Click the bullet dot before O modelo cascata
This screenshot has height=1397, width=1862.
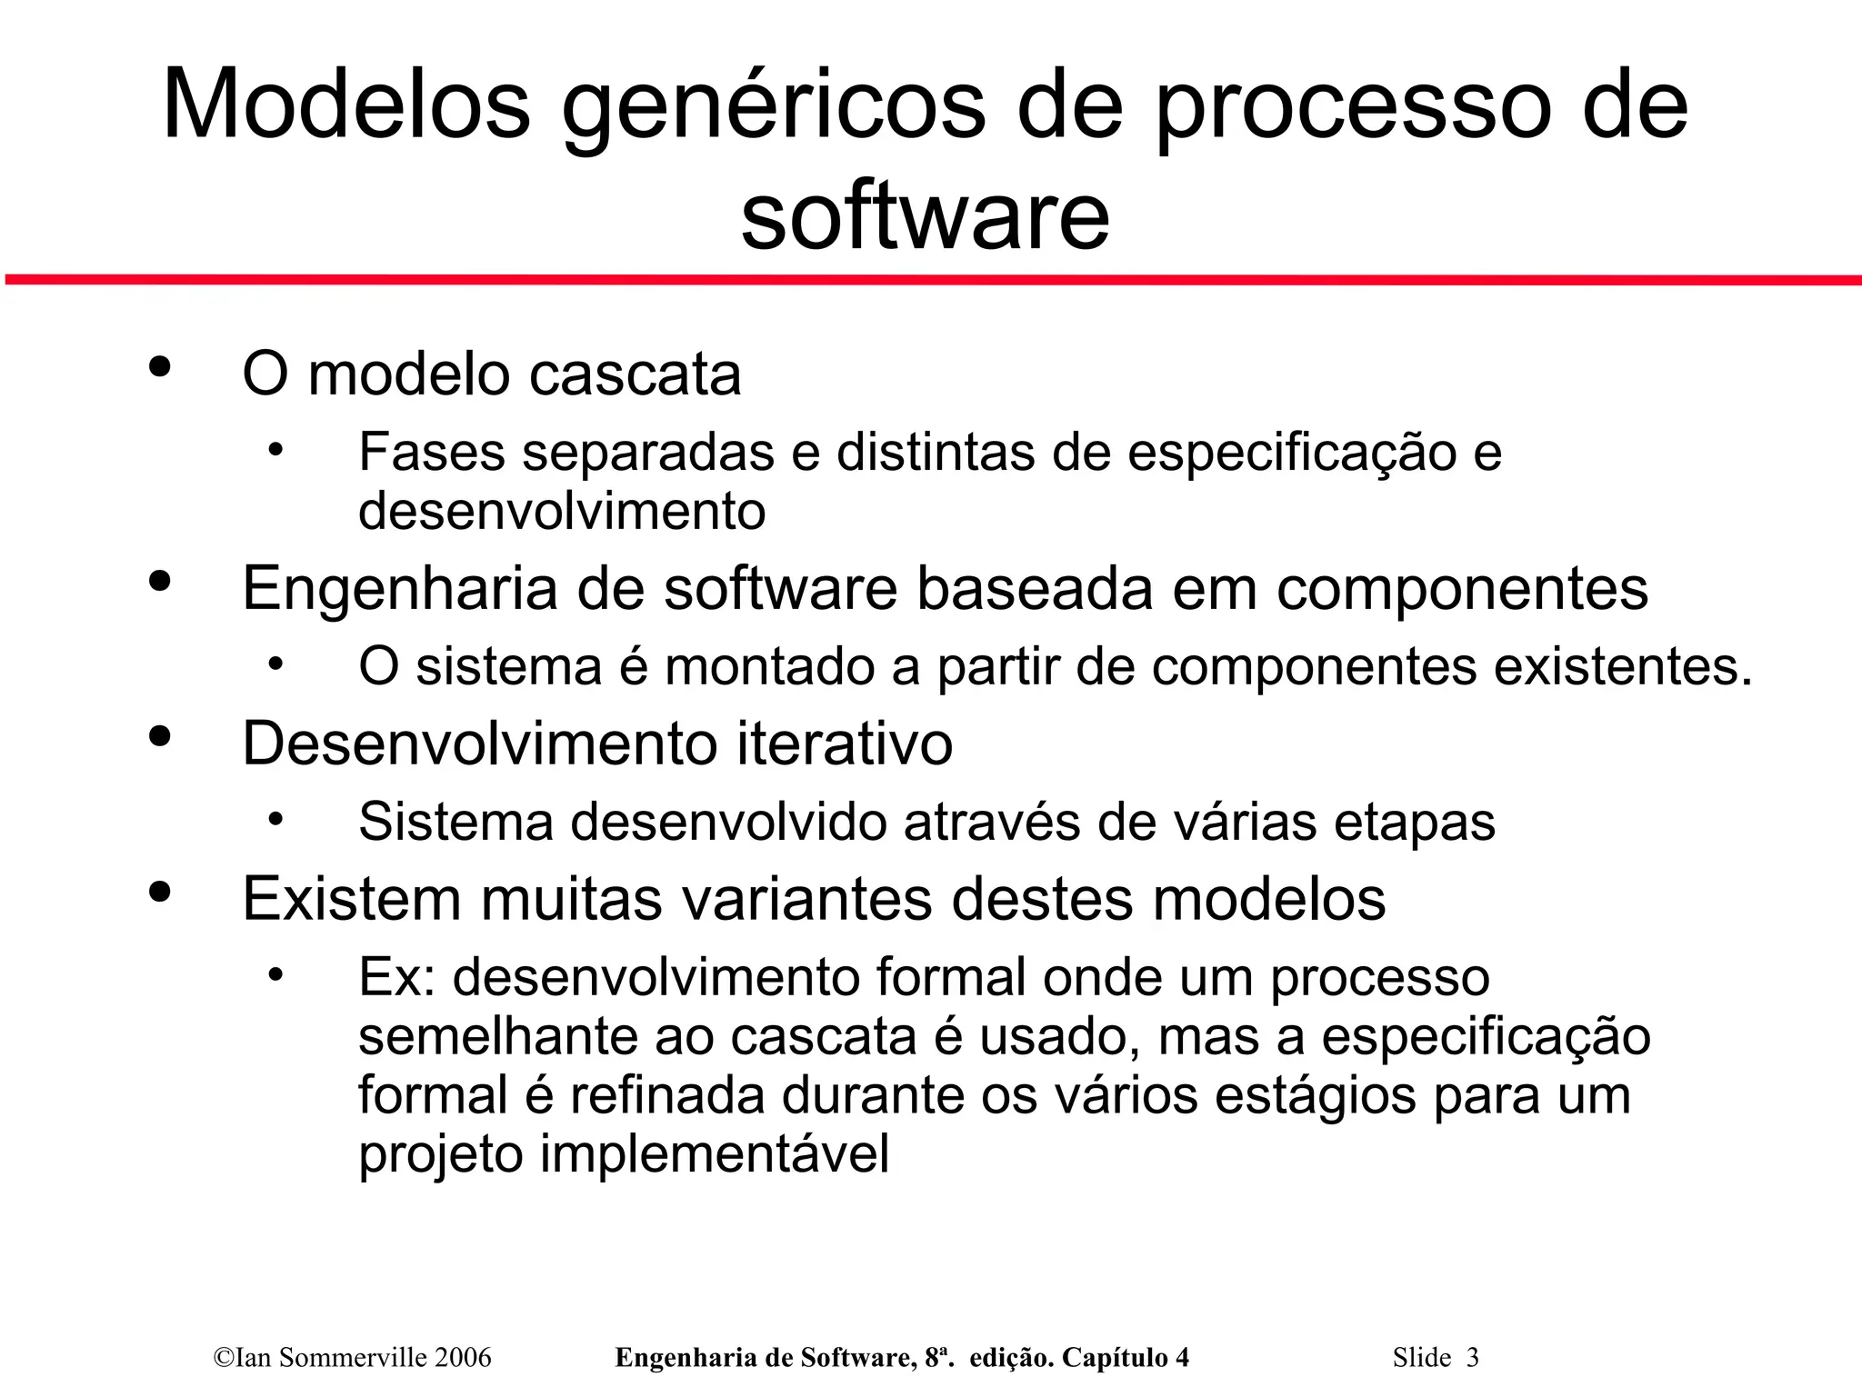(160, 367)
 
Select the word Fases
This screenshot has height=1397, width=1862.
(432, 452)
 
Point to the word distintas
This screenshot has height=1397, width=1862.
(936, 452)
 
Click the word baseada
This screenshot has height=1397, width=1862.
(1035, 588)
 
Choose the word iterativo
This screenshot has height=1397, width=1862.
(845, 743)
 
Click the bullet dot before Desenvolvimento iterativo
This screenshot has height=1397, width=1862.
(160, 737)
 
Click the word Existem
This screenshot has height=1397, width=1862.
(353, 899)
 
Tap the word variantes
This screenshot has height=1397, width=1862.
(807, 899)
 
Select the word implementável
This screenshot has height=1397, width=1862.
(715, 1154)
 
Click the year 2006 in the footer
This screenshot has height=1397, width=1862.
(463, 1358)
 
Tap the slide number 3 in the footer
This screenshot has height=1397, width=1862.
(1472, 1358)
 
